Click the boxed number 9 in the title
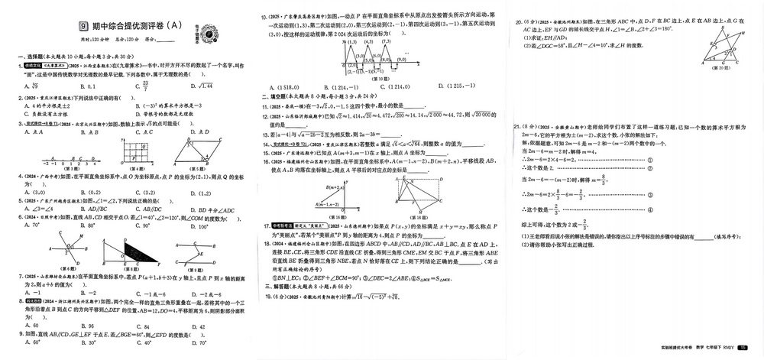pyautogui.click(x=83, y=26)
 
